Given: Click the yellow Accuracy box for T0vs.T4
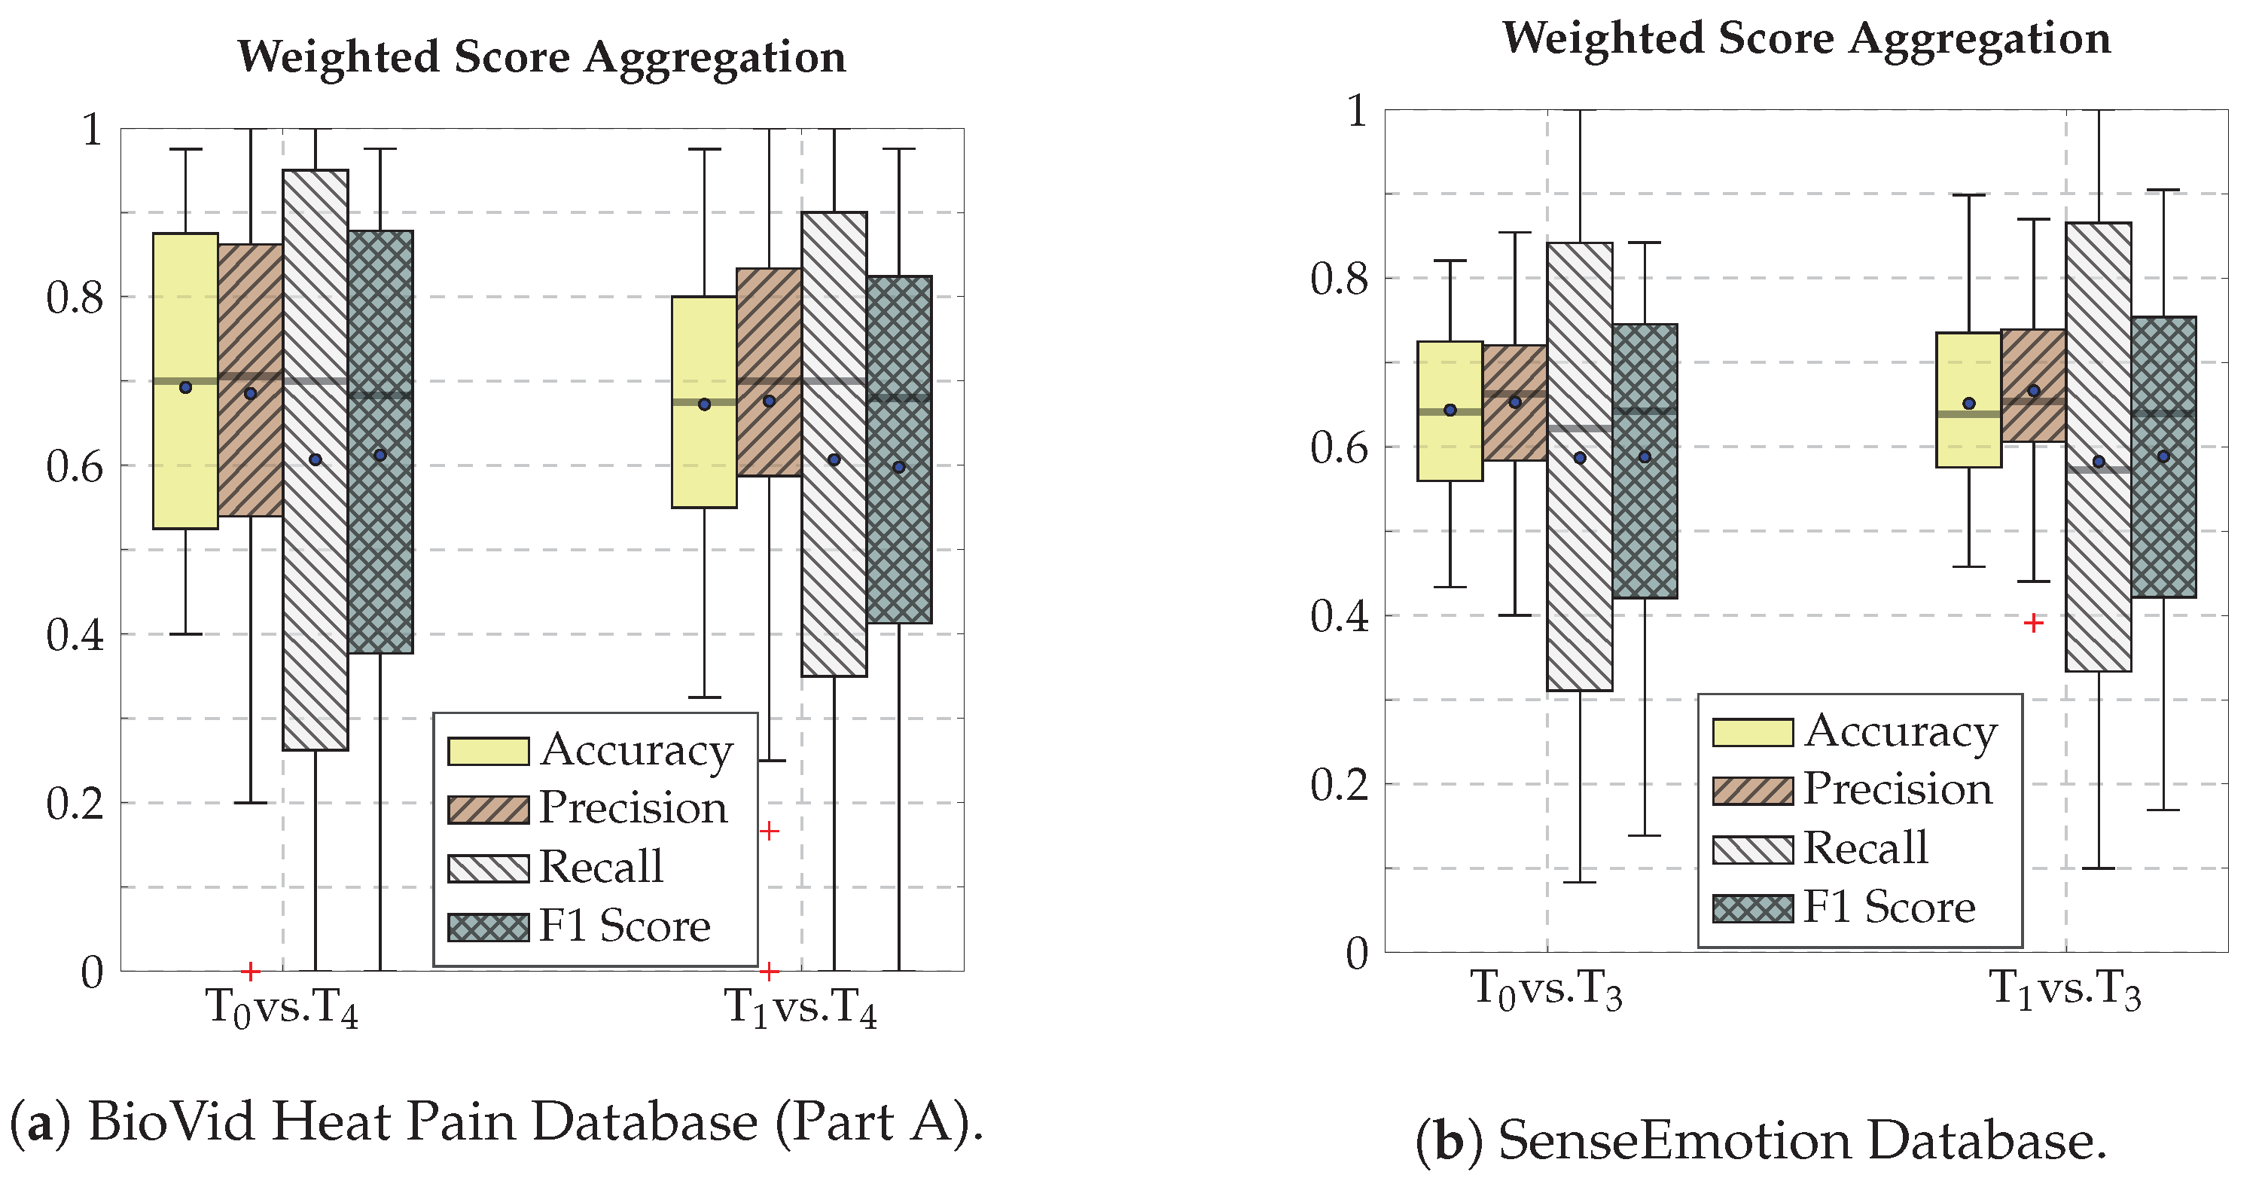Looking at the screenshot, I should pos(185,456).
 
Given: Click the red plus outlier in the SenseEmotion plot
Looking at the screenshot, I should pos(2034,623).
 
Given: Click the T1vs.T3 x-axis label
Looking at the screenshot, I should pos(2065,990).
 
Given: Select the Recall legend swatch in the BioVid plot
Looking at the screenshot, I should pos(488,868).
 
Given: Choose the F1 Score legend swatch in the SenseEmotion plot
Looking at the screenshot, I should pos(1753,908).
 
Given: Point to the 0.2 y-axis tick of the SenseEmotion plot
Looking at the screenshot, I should pos(1338,784).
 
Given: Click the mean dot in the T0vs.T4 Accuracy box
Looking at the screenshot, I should pos(185,387).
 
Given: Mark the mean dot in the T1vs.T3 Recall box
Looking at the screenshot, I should pos(2099,462).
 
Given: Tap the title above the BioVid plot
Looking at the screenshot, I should pos(542,58).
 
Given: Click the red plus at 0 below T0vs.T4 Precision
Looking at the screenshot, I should pos(250,971).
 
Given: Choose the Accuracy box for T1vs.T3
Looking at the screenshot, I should pos(1969,439).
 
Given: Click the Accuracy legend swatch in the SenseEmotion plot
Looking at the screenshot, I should pos(1753,732).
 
